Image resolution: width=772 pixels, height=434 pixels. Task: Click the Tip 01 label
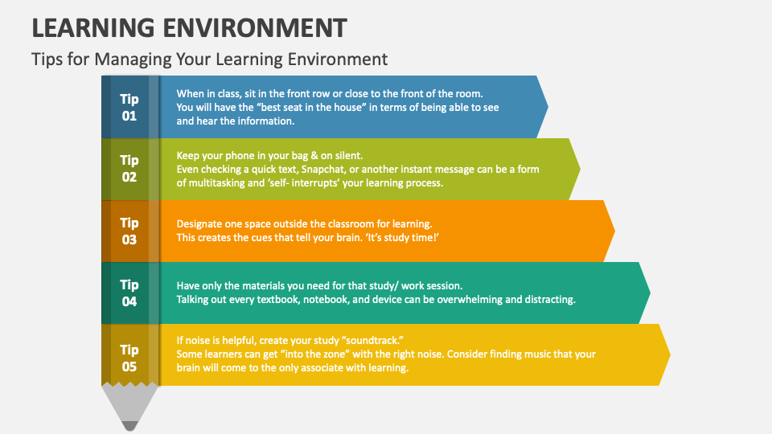tap(129, 107)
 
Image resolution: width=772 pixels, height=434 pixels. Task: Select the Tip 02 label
tap(129, 169)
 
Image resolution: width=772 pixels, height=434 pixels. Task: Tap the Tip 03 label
tap(129, 231)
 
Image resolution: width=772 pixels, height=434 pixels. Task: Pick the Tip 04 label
tap(129, 293)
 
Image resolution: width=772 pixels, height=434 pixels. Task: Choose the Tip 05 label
tap(129, 358)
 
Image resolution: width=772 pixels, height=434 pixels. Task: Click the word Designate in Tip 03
tap(201, 224)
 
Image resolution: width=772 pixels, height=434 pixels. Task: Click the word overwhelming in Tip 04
tap(460, 300)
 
